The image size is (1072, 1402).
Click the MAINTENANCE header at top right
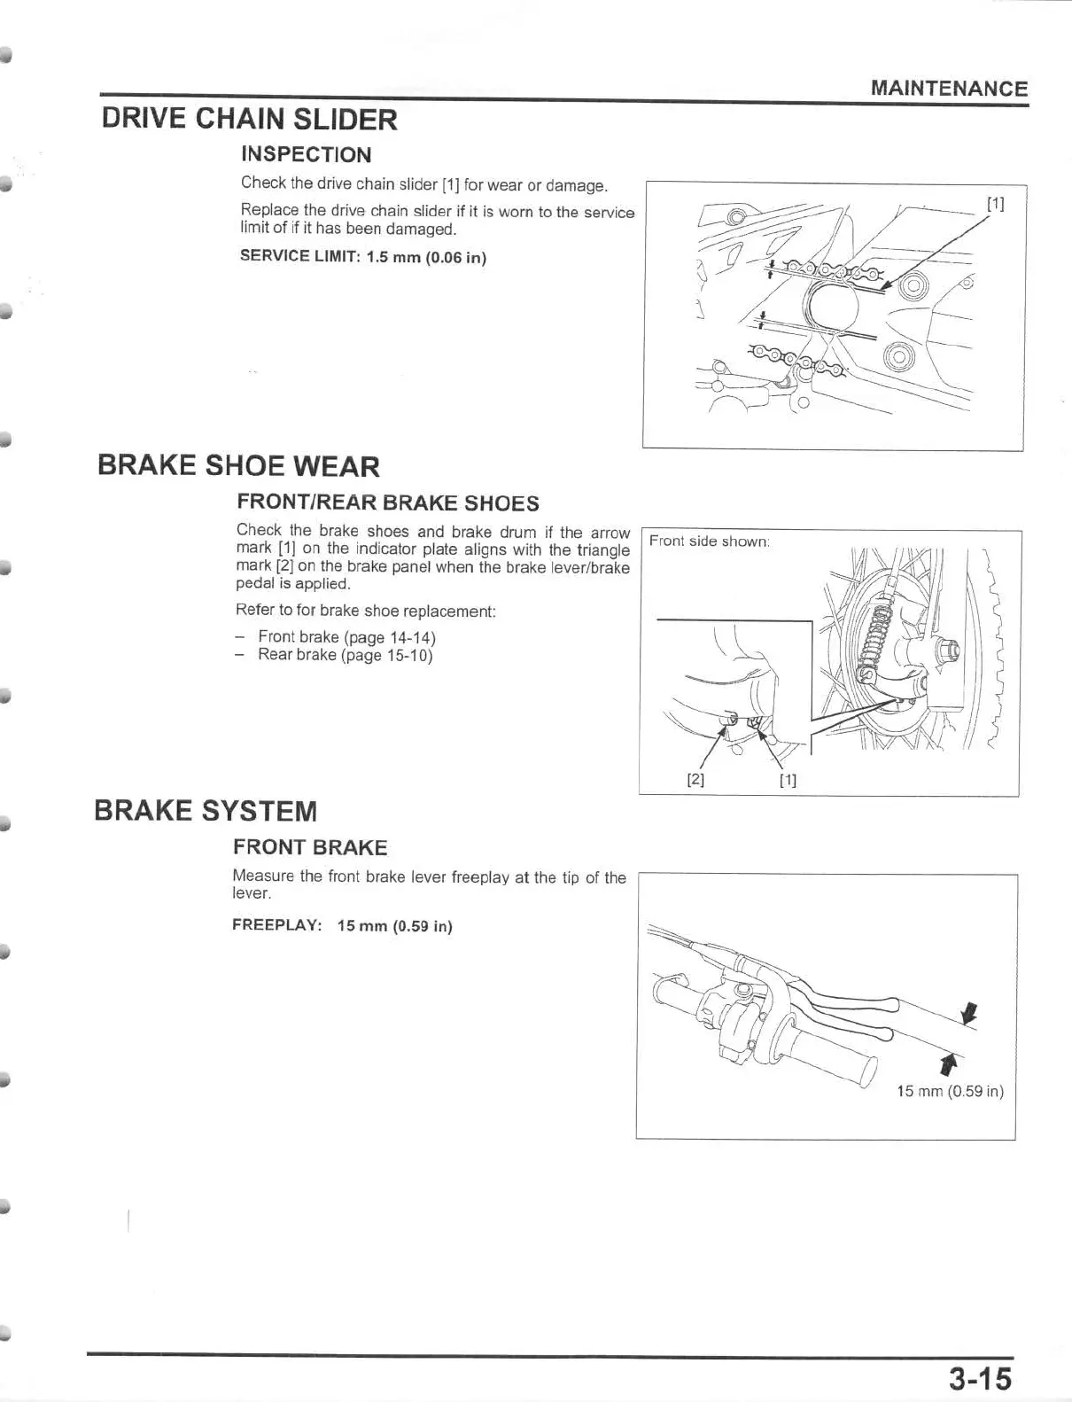(x=949, y=89)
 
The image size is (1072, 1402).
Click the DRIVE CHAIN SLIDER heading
(x=249, y=119)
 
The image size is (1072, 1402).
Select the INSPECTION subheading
(x=306, y=154)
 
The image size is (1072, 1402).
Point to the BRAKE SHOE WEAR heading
(x=238, y=466)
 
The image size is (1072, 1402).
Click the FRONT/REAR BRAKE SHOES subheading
(x=387, y=503)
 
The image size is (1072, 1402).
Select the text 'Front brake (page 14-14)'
(x=346, y=637)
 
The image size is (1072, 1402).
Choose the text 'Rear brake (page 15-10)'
(x=345, y=656)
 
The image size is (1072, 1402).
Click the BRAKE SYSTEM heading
(x=206, y=811)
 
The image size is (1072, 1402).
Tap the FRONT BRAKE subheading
(x=310, y=848)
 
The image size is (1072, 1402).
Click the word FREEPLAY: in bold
(x=276, y=925)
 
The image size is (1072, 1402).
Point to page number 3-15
(x=979, y=1379)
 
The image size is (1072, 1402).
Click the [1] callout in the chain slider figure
(x=995, y=204)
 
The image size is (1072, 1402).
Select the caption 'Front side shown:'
(x=709, y=541)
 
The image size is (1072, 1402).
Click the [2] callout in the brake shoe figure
(x=695, y=781)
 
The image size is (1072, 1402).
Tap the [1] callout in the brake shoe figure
(x=788, y=781)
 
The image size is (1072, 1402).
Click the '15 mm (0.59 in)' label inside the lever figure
(x=950, y=1092)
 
